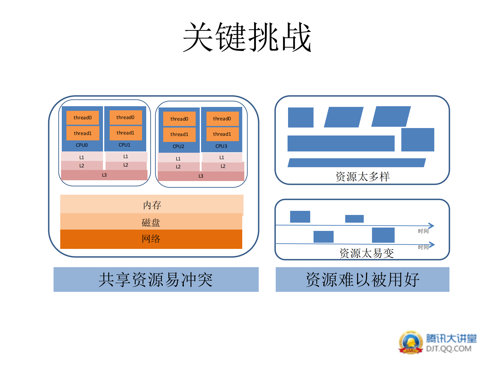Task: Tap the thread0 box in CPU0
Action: (82, 118)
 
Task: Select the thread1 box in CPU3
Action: (222, 134)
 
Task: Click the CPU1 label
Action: (124, 145)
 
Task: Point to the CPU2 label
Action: (178, 146)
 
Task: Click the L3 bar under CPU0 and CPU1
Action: (104, 175)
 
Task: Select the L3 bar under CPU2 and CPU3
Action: (201, 176)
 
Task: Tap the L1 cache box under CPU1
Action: (126, 156)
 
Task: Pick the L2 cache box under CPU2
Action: (178, 167)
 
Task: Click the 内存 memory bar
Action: (152, 205)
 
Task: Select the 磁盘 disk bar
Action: (151, 222)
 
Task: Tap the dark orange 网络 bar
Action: (151, 239)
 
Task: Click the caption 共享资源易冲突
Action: (156, 279)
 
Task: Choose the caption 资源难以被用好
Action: (362, 279)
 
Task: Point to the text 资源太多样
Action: (362, 177)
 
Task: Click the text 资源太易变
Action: (366, 253)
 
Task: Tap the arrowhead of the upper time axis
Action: (432, 226)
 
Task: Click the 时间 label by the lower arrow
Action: (423, 247)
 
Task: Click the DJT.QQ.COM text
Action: (448, 349)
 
